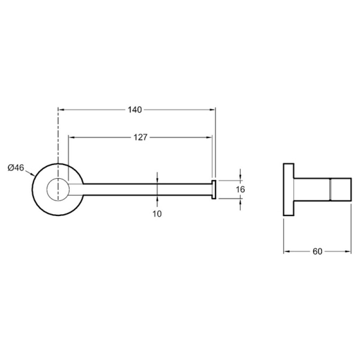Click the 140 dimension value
(x=135, y=110)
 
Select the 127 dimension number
(x=140, y=137)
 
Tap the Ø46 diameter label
(x=16, y=167)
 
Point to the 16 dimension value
(x=240, y=189)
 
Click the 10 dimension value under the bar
(x=157, y=214)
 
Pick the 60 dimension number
(x=318, y=252)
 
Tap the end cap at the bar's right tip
(x=213, y=189)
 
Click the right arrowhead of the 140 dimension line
(x=212, y=110)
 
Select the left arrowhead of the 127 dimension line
(x=72, y=137)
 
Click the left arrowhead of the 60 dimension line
(x=286, y=252)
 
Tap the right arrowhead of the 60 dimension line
(x=348, y=252)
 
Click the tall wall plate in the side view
(x=288, y=189)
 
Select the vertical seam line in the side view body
(x=330, y=189)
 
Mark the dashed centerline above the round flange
(x=58, y=135)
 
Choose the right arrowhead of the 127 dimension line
(x=209, y=137)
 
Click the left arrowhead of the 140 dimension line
(x=61, y=110)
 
